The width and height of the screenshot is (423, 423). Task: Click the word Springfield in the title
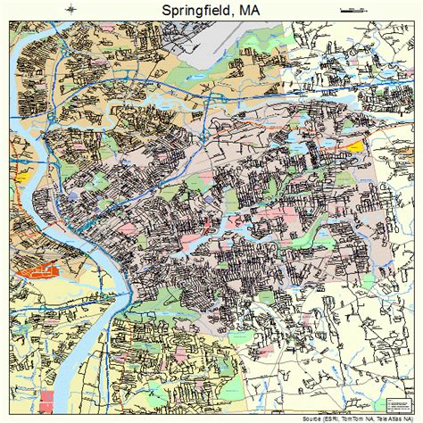(193, 11)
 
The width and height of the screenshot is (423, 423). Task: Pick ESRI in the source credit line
(336, 418)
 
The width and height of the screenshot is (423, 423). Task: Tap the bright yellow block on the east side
(356, 145)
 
